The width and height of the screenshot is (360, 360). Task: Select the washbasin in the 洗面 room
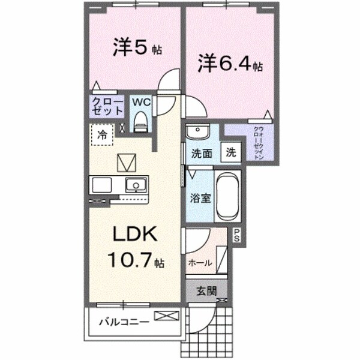coord(196,132)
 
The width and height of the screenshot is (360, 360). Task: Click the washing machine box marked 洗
coord(231,152)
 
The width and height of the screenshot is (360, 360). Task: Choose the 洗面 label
coord(202,153)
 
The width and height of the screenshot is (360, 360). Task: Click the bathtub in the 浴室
coord(227,197)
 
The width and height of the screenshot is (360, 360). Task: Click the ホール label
coord(200,263)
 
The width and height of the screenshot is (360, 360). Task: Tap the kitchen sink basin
coord(137,184)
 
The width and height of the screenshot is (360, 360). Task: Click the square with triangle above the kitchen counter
coord(127,162)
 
